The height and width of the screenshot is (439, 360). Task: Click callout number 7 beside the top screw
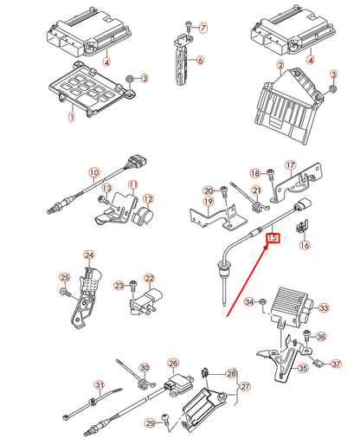coord(203,28)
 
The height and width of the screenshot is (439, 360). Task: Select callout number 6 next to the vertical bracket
coord(200,60)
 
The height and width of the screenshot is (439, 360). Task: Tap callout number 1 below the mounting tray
coord(71,117)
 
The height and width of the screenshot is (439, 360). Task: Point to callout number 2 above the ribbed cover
coord(280,65)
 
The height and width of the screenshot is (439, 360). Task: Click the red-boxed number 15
coord(273,237)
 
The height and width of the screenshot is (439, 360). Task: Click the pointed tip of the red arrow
coord(267,245)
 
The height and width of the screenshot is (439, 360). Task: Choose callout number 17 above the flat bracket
coord(291,165)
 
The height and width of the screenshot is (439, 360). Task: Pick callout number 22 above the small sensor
coord(149,278)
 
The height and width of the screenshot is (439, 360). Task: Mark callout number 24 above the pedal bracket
coord(89,255)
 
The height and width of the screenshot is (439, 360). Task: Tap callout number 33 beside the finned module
coord(324,308)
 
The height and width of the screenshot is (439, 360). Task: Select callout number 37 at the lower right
coord(336,364)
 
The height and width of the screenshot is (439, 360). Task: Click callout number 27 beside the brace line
coord(245,386)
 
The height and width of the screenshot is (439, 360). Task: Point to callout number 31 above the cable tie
coord(100,385)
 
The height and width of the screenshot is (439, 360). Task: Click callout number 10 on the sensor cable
coord(94,172)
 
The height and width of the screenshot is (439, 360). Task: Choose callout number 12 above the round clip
coord(148,199)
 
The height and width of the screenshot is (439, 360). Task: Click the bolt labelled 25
coord(66,292)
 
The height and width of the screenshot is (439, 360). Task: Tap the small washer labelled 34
coord(262,302)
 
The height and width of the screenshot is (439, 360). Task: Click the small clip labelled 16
coord(302,226)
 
